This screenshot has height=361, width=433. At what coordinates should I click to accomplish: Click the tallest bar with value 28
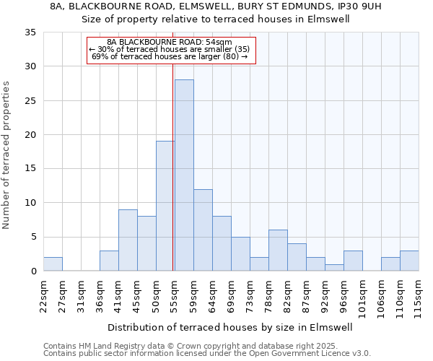tap(184, 175)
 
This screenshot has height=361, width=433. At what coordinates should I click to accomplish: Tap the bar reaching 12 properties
tap(203, 230)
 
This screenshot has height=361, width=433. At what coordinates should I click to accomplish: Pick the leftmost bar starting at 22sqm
tap(53, 264)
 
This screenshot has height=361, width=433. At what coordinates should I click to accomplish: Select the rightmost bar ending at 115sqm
tap(409, 261)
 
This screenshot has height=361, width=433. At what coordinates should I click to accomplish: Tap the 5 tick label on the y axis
tap(33, 238)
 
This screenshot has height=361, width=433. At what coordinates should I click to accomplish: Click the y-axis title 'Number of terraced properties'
tap(7, 155)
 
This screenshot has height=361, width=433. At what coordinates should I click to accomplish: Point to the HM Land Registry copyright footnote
tap(206, 346)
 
